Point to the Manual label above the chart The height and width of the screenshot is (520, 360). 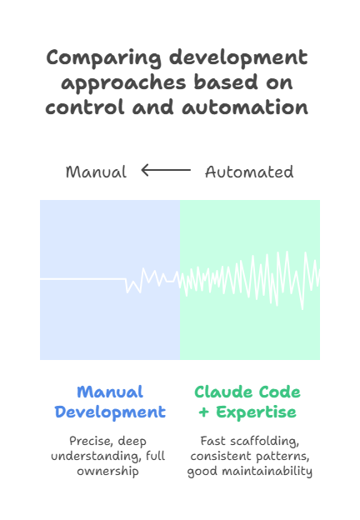tap(96, 172)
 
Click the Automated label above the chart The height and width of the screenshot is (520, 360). tap(249, 172)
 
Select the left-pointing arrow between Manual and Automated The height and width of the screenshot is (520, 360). tap(166, 171)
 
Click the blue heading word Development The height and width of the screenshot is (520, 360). tap(110, 412)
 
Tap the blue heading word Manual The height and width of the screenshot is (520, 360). tap(110, 392)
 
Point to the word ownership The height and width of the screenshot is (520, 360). tap(110, 471)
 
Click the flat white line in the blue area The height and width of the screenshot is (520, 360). tap(83, 279)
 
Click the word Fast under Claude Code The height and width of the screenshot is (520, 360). tap(212, 441)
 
